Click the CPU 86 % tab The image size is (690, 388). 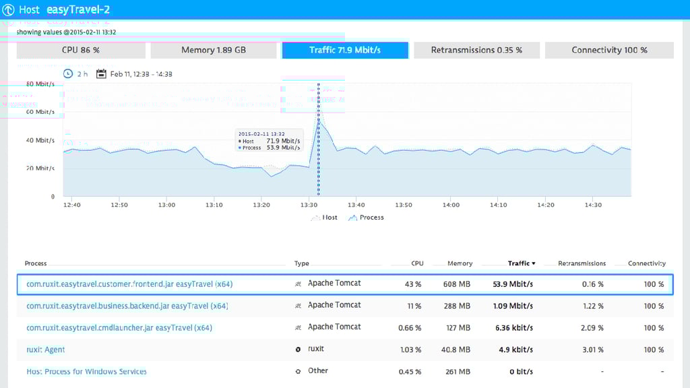point(81,51)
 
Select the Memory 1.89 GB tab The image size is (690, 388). point(214,51)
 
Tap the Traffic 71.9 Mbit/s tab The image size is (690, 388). point(345,51)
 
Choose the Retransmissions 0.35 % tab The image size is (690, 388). point(476,51)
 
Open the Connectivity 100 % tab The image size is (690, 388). point(609,51)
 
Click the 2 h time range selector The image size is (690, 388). point(75,74)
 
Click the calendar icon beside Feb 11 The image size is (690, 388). point(102,74)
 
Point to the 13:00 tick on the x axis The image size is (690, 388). point(166,205)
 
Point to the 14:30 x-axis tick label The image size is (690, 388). point(594,205)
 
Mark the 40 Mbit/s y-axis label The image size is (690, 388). point(40,141)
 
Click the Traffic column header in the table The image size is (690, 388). point(522,263)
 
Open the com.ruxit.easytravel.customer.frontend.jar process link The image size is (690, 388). point(129,284)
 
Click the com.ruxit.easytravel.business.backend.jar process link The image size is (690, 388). point(127,306)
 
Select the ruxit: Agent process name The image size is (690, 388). point(46,350)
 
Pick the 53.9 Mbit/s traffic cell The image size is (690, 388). point(513,284)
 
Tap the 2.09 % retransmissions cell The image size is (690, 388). point(592,328)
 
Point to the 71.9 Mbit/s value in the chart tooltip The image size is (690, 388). point(283,141)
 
